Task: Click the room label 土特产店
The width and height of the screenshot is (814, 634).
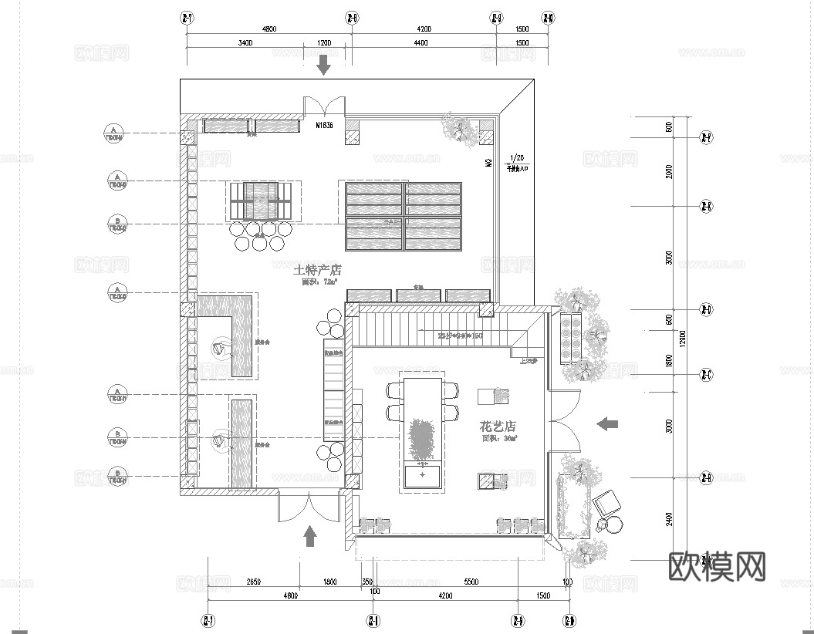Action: pyautogui.click(x=317, y=271)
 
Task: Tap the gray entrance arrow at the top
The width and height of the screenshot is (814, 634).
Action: pyautogui.click(x=323, y=65)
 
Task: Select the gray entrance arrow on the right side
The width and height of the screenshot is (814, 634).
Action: pyautogui.click(x=608, y=423)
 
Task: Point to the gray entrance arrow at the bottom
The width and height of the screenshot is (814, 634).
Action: pyautogui.click(x=310, y=535)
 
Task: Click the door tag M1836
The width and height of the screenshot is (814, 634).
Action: pyautogui.click(x=324, y=125)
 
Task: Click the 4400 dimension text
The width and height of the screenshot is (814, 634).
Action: pyautogui.click(x=420, y=43)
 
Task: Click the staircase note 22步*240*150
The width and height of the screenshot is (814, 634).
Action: pyautogui.click(x=460, y=336)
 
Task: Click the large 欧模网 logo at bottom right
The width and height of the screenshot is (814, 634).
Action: pyautogui.click(x=717, y=567)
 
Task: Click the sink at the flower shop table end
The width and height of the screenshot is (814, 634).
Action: pyautogui.click(x=422, y=476)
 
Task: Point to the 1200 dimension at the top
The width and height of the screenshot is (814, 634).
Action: pyautogui.click(x=323, y=43)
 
